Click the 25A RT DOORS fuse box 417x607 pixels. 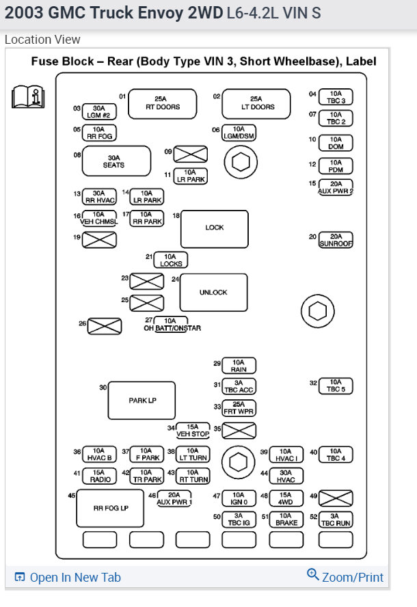163,103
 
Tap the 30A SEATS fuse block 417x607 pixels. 116,161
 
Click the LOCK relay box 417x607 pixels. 215,228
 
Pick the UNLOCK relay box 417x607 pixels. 213,293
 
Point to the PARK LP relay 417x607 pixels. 142,401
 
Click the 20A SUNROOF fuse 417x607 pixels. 336,240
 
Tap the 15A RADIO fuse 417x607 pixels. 99,476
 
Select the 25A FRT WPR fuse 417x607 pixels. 239,409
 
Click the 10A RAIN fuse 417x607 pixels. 239,366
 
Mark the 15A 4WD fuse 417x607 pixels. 286,499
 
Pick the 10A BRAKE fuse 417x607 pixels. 286,520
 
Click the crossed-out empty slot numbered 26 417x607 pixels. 105,327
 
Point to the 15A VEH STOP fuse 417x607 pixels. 193,431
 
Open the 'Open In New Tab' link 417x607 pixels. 68,578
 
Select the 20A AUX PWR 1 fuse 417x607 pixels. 174,499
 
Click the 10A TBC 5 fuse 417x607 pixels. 336,386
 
